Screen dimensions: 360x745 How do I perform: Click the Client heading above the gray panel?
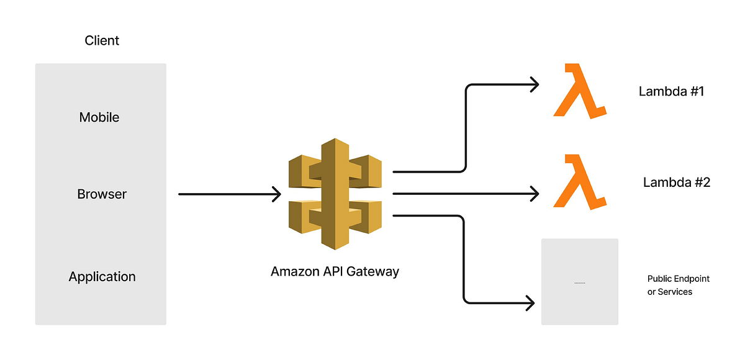(x=102, y=41)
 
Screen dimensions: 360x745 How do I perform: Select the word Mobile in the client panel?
(x=99, y=117)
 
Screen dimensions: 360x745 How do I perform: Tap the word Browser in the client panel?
(x=102, y=194)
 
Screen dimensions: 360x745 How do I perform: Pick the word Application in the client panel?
(x=102, y=277)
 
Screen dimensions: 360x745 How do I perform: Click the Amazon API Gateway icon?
(x=335, y=194)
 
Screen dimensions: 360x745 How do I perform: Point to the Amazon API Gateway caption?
(x=335, y=272)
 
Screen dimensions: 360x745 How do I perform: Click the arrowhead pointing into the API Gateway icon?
(x=276, y=194)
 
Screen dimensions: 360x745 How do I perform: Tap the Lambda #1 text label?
(x=671, y=92)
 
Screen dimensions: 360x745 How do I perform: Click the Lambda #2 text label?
(x=676, y=182)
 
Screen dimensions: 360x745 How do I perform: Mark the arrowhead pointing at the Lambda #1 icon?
(x=533, y=84)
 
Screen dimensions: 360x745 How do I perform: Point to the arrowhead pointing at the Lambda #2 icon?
(x=533, y=194)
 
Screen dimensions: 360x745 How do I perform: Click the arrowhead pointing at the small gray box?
(x=530, y=304)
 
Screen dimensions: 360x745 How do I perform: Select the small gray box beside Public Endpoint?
(x=579, y=281)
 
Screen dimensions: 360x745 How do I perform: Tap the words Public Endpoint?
(x=678, y=279)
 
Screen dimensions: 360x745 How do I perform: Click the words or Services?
(x=669, y=292)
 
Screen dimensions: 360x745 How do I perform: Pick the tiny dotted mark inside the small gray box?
(x=579, y=283)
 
